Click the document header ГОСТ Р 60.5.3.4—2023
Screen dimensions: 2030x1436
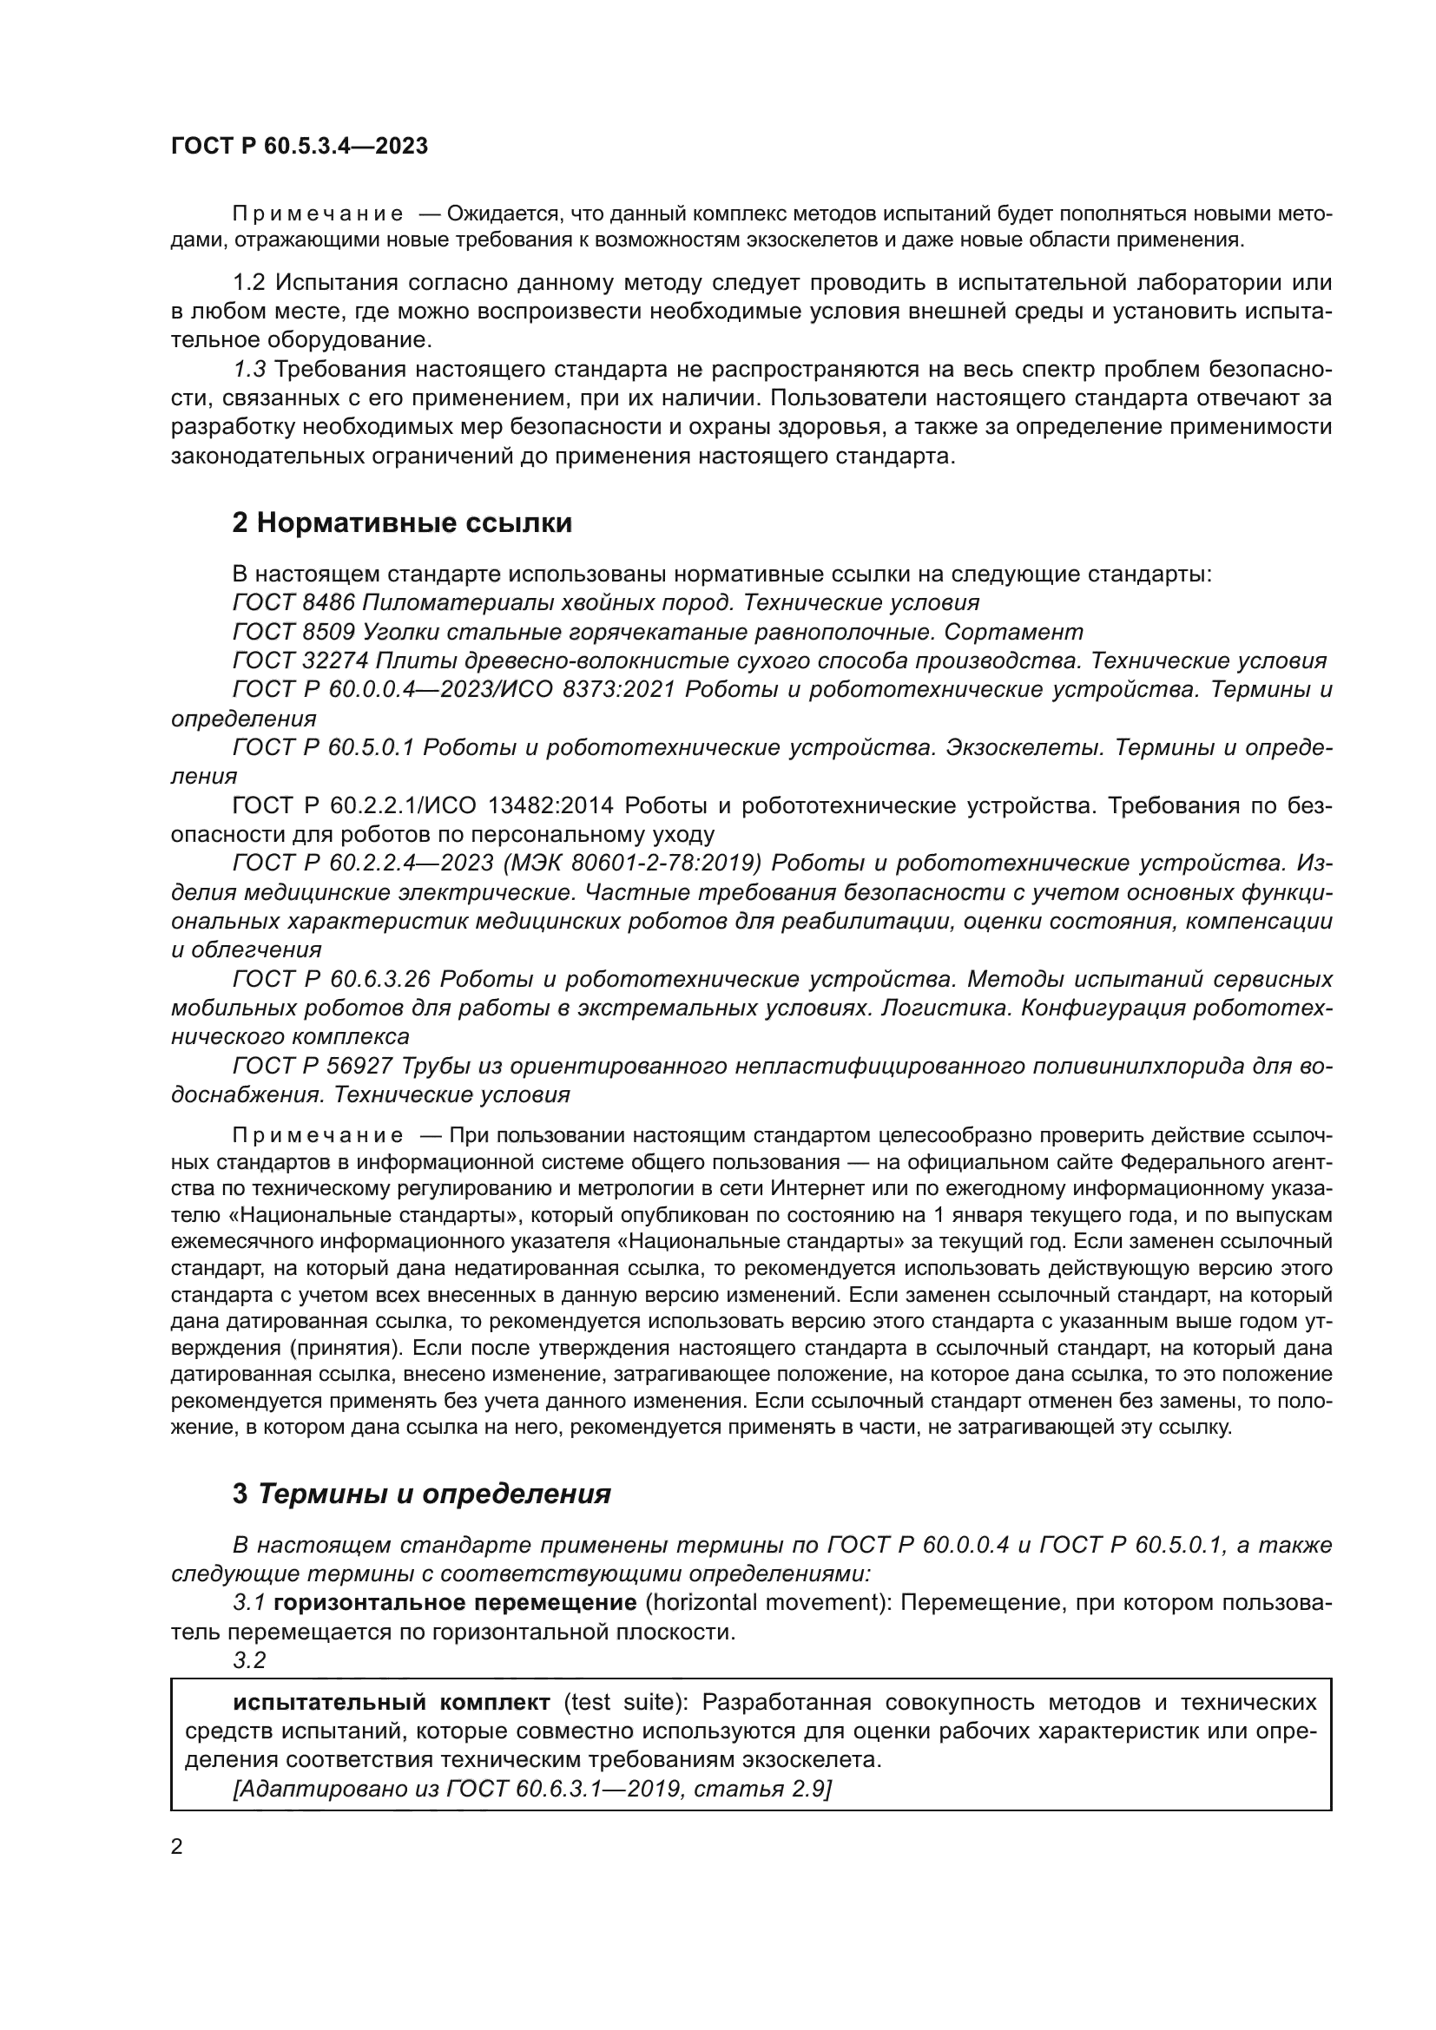(x=299, y=147)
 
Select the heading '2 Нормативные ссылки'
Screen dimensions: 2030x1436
(x=401, y=522)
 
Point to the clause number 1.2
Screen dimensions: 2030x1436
(x=248, y=283)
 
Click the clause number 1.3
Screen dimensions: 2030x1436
(x=248, y=370)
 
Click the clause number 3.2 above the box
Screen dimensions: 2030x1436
(x=248, y=1660)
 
